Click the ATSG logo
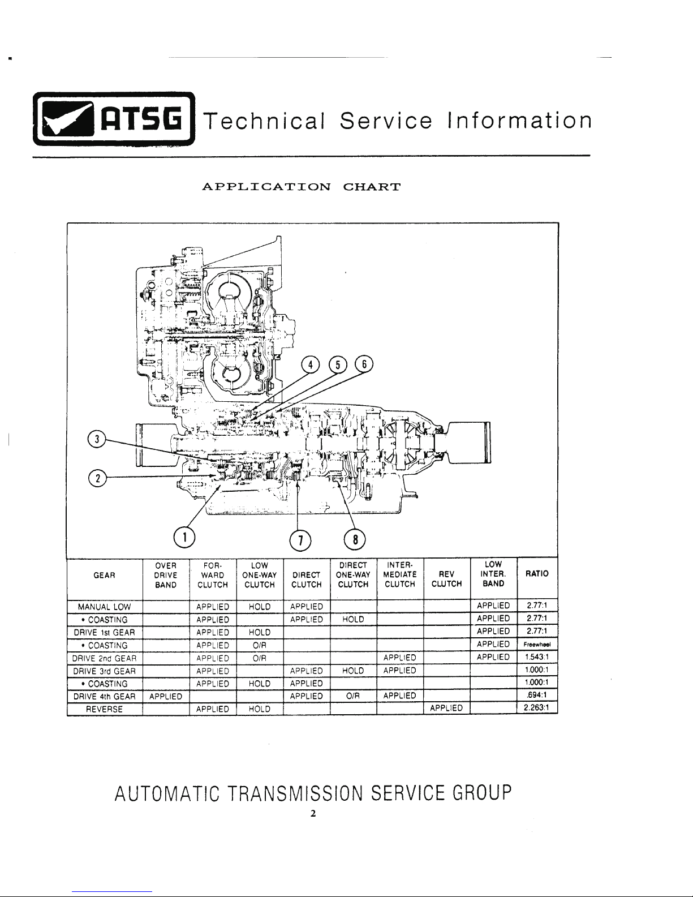[x=114, y=119]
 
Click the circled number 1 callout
[x=184, y=538]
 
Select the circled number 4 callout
[x=311, y=365]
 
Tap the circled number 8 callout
[x=355, y=539]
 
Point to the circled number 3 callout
[x=97, y=439]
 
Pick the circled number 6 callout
[x=364, y=364]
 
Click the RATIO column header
[x=537, y=573]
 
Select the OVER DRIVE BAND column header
[x=166, y=575]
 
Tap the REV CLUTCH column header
[x=447, y=579]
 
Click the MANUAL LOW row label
[x=104, y=607]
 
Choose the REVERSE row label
[x=104, y=709]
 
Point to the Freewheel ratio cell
[x=537, y=645]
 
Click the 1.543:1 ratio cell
[x=537, y=656]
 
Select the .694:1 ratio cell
[x=537, y=695]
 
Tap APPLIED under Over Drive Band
[x=166, y=697]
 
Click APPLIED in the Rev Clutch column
[x=446, y=708]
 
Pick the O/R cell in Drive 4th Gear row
[x=353, y=696]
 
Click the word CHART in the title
[x=372, y=187]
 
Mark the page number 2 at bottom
[x=313, y=813]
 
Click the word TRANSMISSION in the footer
[x=295, y=792]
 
